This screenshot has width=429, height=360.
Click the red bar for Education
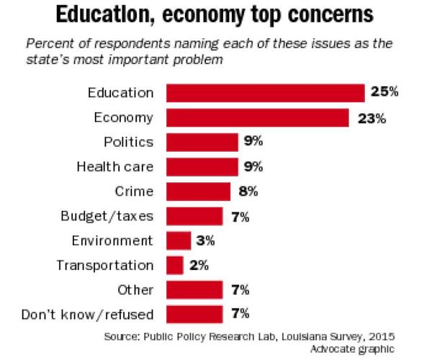coord(266,93)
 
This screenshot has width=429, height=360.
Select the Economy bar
coord(258,117)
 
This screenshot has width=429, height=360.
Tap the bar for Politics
coord(202,142)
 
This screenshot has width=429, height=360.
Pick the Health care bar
coord(202,166)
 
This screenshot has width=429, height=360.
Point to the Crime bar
coord(198,191)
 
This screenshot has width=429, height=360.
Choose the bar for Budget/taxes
coord(194,215)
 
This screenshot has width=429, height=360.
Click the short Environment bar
coord(179,240)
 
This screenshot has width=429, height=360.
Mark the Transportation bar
coord(175,265)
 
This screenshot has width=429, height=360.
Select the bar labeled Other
coord(194,289)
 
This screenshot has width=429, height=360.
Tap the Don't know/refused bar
coord(194,314)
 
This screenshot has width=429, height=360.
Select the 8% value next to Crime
coord(247,191)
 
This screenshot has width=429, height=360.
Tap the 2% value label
coord(200,265)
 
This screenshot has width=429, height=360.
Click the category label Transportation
coord(105,265)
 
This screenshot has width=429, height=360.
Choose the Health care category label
coord(115,166)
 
